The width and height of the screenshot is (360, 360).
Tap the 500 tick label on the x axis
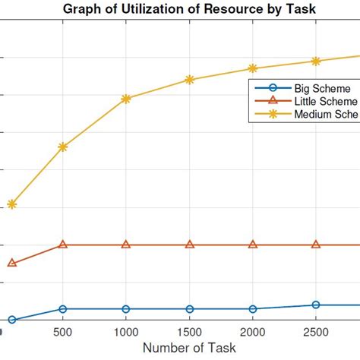[63, 332]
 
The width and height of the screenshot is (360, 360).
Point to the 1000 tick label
[126, 332]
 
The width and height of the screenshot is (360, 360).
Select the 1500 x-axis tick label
[190, 332]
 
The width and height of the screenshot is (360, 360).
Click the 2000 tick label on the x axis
[253, 332]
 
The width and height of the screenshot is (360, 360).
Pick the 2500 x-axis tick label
[316, 332]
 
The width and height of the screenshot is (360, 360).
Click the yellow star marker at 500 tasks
[63, 147]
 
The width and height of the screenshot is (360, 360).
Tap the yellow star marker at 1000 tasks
[126, 99]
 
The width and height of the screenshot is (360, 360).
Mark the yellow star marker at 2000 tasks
[253, 68]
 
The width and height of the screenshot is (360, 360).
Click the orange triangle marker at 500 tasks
[63, 245]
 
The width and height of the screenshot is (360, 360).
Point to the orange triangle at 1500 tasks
[190, 245]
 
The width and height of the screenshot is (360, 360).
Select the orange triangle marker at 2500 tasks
[316, 245]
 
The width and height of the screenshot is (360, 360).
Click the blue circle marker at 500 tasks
[63, 309]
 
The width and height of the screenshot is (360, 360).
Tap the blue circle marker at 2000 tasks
[253, 309]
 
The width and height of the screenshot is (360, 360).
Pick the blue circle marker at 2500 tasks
[316, 305]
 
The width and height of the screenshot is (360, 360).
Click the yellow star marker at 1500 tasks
[190, 80]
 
